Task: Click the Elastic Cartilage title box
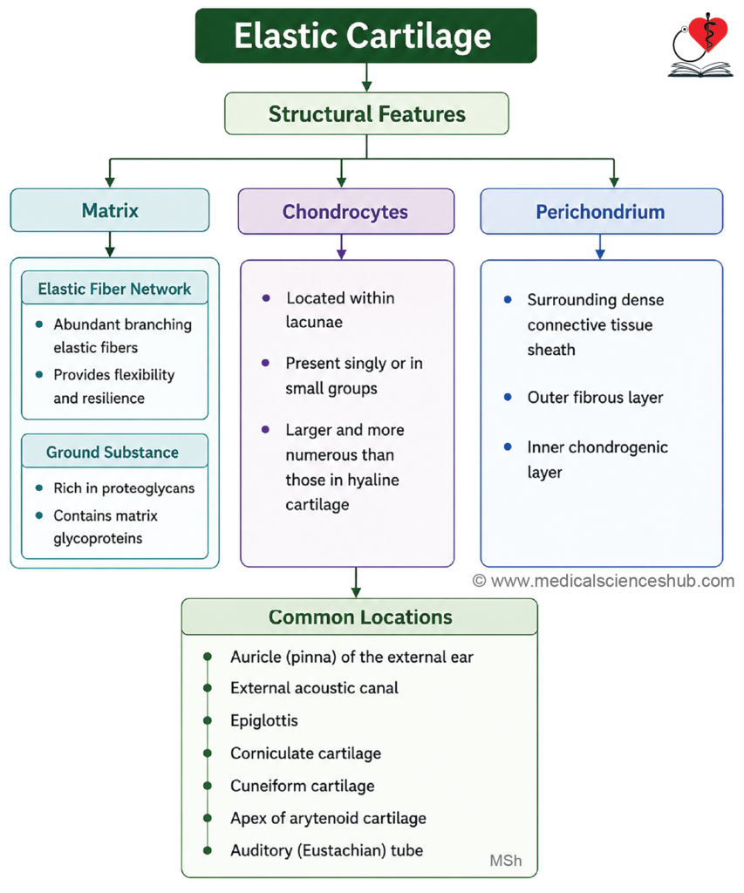point(365,35)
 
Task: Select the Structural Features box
point(366,114)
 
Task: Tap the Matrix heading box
point(110,210)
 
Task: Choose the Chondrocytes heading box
point(345,211)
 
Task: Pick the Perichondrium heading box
point(601,211)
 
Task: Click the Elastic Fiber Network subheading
point(114,289)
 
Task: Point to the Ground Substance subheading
point(113,453)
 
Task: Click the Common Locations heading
point(360,617)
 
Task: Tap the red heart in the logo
point(708,33)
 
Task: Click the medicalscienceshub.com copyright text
point(604,581)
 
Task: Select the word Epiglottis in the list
point(263,720)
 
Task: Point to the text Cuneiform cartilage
point(303,786)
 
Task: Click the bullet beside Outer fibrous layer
point(508,397)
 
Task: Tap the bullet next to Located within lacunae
point(265,298)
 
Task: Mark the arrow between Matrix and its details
point(110,244)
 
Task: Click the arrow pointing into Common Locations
point(356,582)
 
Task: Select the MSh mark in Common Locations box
point(505,861)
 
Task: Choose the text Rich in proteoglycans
point(124,488)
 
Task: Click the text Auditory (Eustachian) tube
point(326,850)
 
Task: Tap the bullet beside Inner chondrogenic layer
point(508,447)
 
